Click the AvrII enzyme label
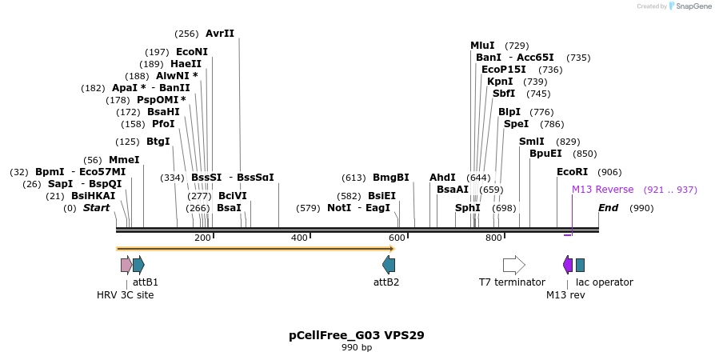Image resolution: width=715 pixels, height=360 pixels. (220, 34)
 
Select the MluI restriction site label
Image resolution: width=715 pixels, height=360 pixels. (482, 46)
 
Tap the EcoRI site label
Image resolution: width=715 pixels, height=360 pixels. (572, 172)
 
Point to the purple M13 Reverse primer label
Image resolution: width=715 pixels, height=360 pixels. (602, 190)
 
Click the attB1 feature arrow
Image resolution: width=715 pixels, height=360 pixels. (138, 265)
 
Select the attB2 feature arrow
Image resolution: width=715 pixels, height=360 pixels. (389, 265)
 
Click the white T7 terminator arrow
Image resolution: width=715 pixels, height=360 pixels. (513, 265)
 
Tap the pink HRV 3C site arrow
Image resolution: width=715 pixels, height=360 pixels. (126, 265)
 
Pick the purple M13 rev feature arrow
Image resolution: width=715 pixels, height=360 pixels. (568, 265)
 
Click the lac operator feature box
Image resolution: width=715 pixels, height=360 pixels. (580, 265)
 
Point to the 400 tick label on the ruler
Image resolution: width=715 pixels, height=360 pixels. (299, 238)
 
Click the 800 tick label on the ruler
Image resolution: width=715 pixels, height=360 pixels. (493, 238)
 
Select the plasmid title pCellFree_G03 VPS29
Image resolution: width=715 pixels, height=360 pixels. (357, 335)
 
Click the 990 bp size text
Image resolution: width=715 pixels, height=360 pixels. (357, 348)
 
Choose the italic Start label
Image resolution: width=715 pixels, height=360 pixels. (96, 208)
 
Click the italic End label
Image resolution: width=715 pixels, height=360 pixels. (608, 208)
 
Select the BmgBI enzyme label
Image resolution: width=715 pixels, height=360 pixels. (390, 178)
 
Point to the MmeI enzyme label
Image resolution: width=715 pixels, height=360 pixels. (124, 160)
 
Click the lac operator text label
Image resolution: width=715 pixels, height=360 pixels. (605, 282)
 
